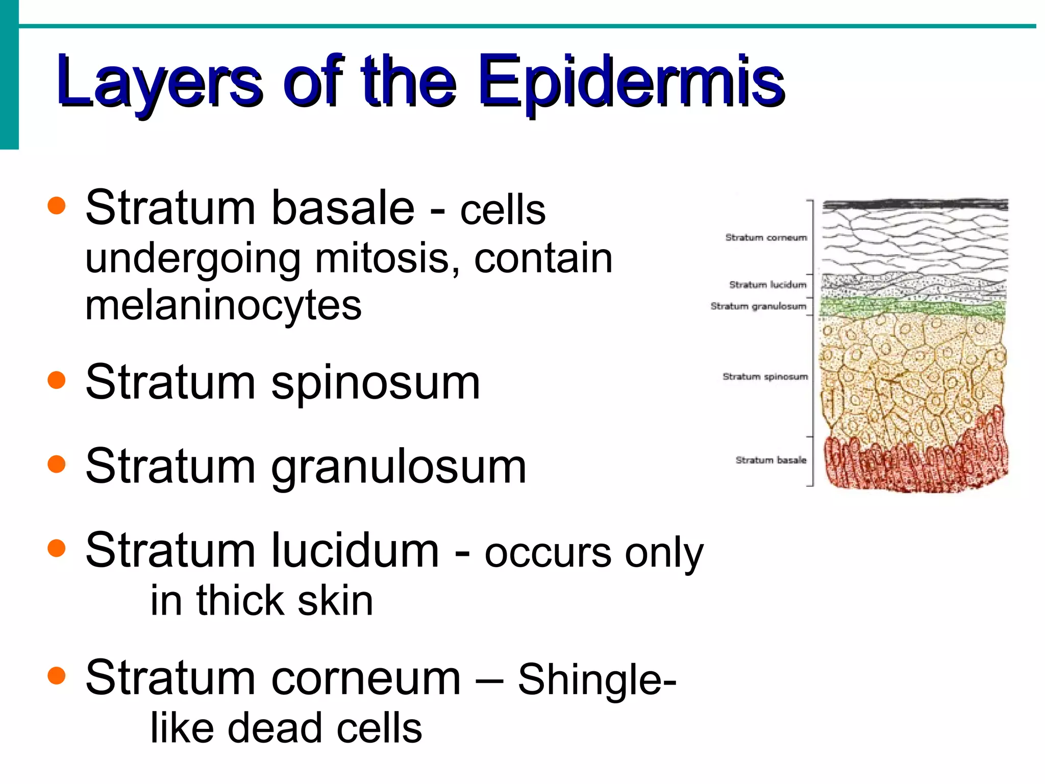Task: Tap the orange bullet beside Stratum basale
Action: (x=57, y=206)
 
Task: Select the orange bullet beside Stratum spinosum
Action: (x=57, y=380)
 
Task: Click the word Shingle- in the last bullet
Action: (x=597, y=679)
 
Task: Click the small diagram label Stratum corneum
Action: (x=766, y=237)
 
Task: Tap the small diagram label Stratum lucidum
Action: (x=767, y=284)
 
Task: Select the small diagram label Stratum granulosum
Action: (x=758, y=306)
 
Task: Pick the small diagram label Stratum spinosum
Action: (x=765, y=376)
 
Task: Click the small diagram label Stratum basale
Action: (x=770, y=460)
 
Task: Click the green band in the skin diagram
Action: (x=913, y=308)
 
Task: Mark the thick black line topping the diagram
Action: (x=915, y=205)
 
